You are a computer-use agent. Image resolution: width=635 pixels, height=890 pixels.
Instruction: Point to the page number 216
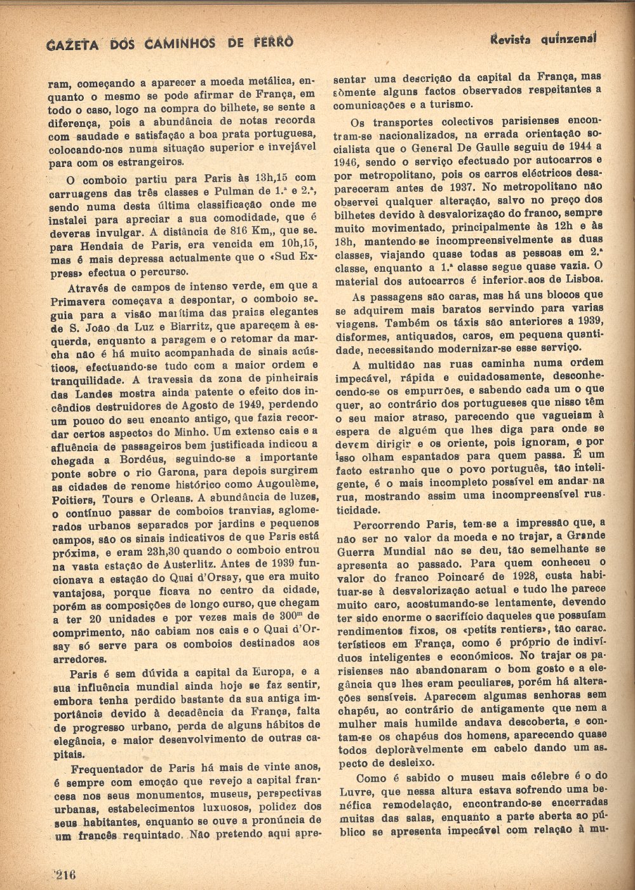pos(64,875)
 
